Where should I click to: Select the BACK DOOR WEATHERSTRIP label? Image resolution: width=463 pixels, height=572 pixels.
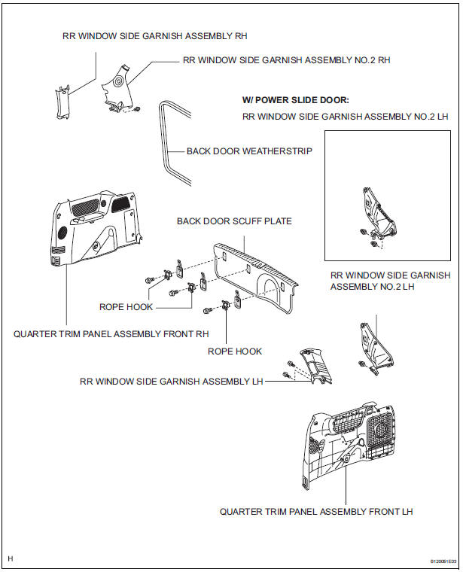[249, 151]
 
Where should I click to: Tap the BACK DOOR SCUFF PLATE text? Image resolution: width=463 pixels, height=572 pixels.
[234, 221]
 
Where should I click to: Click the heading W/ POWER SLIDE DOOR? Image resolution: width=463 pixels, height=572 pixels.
[296, 100]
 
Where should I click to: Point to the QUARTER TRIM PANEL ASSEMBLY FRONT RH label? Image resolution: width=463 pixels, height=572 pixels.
[111, 333]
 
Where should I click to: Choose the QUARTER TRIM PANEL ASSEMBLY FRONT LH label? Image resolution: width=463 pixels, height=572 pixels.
[316, 511]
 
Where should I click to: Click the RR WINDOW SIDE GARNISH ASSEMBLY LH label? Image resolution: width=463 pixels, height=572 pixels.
[172, 382]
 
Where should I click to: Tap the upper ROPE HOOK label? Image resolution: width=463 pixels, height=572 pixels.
[126, 307]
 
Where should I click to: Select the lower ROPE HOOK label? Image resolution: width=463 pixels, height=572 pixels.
[236, 351]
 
